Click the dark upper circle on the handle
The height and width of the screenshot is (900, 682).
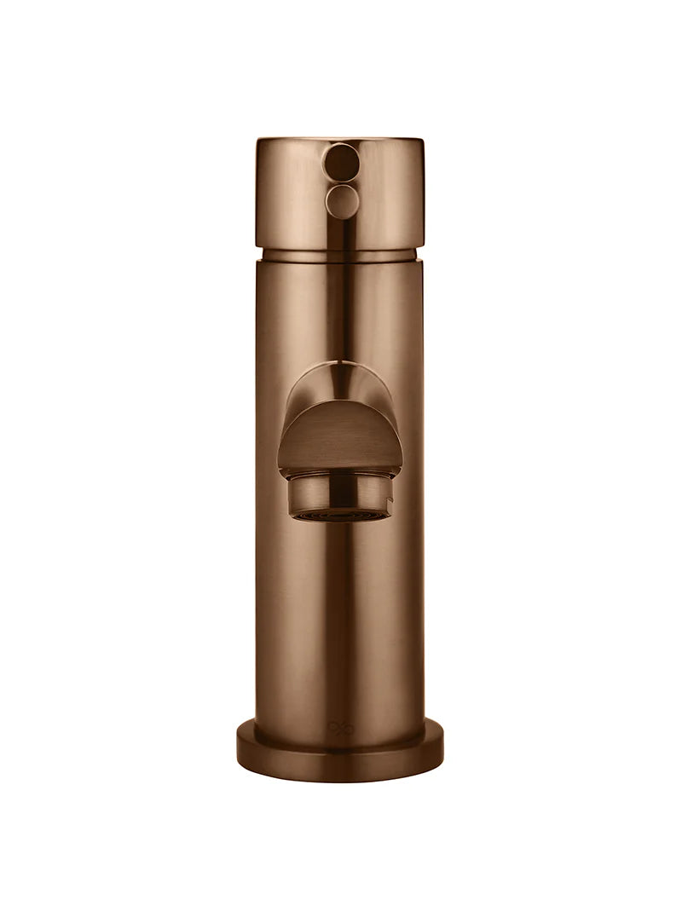click(x=342, y=161)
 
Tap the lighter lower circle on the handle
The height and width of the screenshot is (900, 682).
click(x=342, y=202)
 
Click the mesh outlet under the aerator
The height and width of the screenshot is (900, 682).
click(x=339, y=516)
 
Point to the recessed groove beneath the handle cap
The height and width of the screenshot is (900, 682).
click(x=339, y=255)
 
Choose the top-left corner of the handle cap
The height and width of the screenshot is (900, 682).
click(x=258, y=141)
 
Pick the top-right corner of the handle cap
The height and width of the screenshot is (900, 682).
click(x=422, y=141)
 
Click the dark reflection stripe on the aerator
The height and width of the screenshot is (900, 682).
click(x=341, y=494)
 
